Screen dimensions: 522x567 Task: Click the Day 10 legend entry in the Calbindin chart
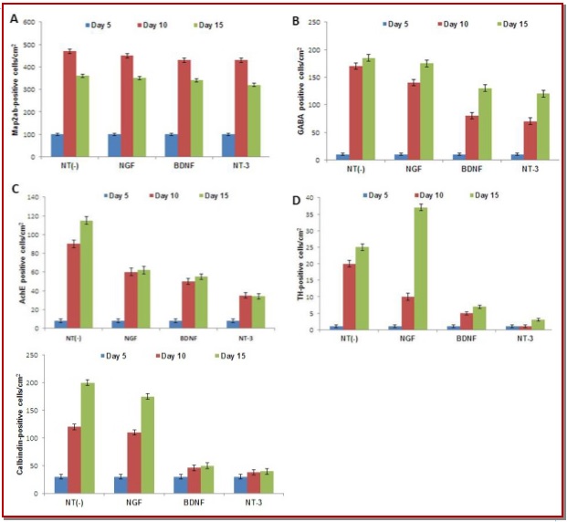[x=169, y=356]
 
